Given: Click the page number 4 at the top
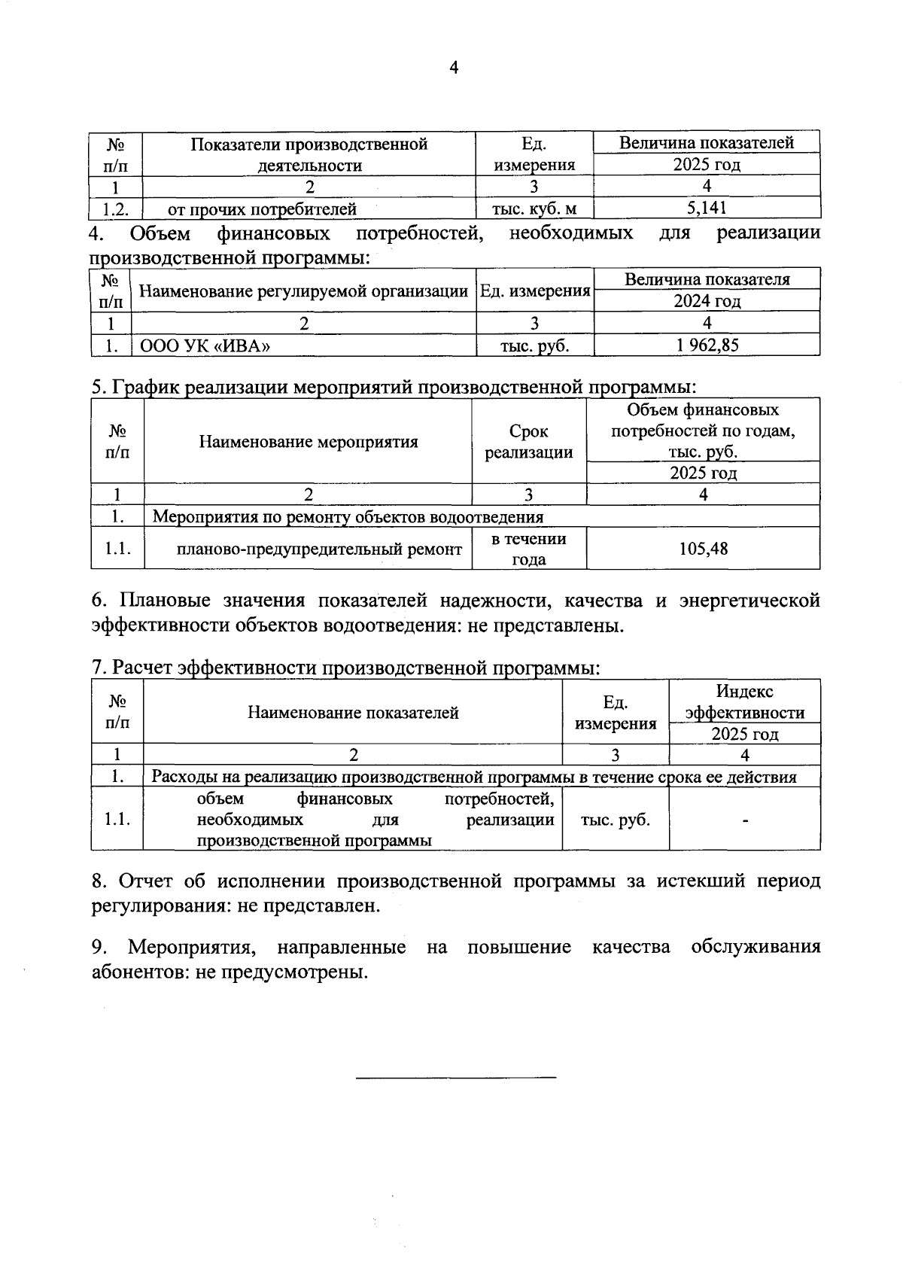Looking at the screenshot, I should [453, 68].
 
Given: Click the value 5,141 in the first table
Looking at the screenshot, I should [707, 208].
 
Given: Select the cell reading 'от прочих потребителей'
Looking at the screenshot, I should [262, 208].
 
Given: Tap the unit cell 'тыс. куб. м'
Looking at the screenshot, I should [534, 208].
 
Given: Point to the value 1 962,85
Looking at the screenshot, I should [707, 345].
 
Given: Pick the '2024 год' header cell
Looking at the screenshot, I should [707, 301].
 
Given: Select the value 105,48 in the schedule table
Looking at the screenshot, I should [704, 549].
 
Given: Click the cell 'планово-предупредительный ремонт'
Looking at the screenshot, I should [319, 549].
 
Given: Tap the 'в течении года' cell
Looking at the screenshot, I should [528, 549].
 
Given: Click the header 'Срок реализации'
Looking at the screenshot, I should [528, 442].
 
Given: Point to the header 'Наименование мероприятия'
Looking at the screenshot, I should [309, 442].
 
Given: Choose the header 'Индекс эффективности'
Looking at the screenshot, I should [745, 701].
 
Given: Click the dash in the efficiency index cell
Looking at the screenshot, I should [745, 820].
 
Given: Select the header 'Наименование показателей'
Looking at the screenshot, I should [354, 713].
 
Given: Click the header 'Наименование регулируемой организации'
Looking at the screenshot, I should [304, 291].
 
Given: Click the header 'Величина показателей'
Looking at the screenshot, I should [707, 142].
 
